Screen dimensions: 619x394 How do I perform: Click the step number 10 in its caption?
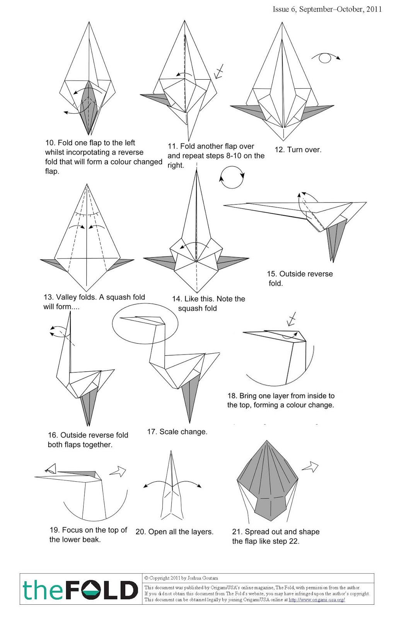pos(50,143)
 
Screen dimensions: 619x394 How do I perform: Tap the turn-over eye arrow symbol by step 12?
pos(326,58)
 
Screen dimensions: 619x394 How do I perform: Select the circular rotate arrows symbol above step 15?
pos(232,177)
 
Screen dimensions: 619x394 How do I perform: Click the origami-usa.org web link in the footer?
pos(317,600)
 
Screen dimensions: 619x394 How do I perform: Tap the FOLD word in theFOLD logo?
pos(101,590)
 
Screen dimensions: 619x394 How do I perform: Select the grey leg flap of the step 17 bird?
pos(189,398)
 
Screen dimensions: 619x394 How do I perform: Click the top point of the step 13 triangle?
pos(87,185)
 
